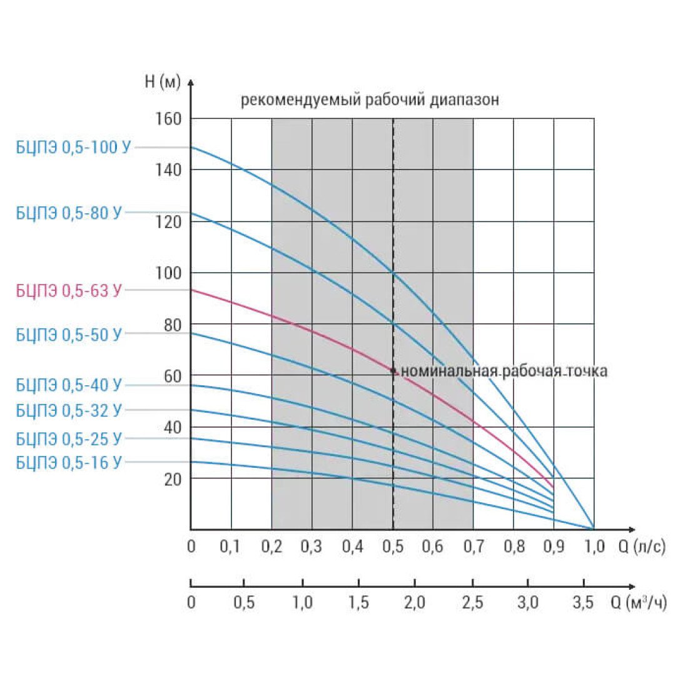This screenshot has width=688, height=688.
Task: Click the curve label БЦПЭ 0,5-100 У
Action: click(x=73, y=147)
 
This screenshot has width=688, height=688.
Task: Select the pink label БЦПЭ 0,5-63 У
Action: click(x=68, y=290)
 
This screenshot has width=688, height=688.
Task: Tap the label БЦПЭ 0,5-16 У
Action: click(x=68, y=462)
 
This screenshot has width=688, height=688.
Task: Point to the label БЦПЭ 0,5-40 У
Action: click(x=68, y=385)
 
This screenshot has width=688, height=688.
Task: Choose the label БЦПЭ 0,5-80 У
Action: click(x=68, y=213)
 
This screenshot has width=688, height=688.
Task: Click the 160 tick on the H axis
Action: click(x=168, y=118)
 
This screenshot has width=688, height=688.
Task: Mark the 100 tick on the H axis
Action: click(x=168, y=273)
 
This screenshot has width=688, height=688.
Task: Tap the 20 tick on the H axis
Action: click(x=173, y=479)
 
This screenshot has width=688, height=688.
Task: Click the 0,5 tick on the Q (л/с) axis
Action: click(x=393, y=546)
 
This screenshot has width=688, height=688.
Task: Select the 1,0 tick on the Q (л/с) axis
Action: click(x=594, y=546)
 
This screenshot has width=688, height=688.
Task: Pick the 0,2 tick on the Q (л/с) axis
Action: click(x=271, y=546)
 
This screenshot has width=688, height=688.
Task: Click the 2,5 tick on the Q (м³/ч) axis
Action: click(x=472, y=602)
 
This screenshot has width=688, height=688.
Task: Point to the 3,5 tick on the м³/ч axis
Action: click(x=583, y=602)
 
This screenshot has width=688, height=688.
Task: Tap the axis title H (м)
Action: click(x=163, y=81)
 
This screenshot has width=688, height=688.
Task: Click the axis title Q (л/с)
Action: click(x=642, y=546)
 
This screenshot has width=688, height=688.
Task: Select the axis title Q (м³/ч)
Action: click(x=639, y=602)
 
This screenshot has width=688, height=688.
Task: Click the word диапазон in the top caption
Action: click(x=464, y=100)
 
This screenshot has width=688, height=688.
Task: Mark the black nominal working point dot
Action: click(x=393, y=371)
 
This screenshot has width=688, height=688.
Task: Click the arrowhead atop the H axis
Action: click(x=190, y=82)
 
